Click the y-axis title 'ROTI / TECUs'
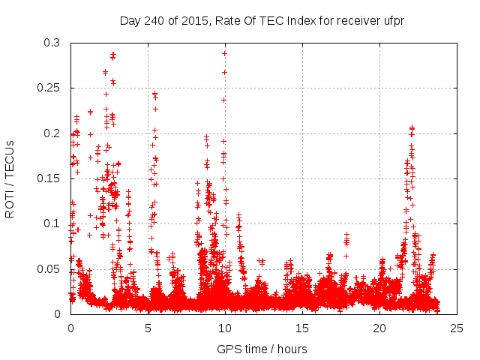click(x=10, y=178)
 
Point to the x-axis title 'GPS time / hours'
click(x=262, y=349)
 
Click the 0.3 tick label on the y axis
click(x=52, y=43)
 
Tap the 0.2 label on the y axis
click(x=52, y=133)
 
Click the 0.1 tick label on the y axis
click(x=52, y=223)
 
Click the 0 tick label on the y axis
click(x=58, y=313)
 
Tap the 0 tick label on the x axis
click(x=70, y=328)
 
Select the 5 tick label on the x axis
click(x=148, y=328)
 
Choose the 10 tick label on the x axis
click(x=225, y=328)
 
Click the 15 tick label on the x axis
click(x=302, y=328)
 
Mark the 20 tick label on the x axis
click(x=379, y=328)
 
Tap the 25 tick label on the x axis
click(x=457, y=328)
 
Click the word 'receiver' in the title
click(x=345, y=20)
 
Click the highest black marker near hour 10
click(x=224, y=53)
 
